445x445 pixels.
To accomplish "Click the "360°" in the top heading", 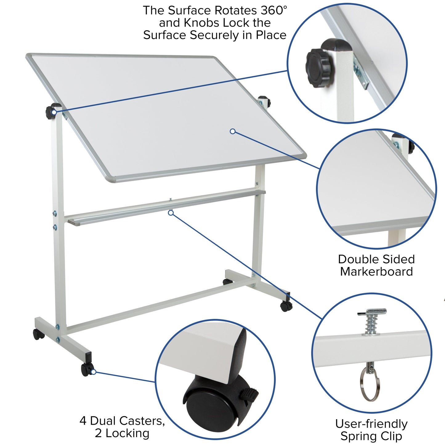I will click(274, 10).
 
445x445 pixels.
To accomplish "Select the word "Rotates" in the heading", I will click(236, 10).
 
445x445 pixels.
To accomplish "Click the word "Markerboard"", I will click(376, 272).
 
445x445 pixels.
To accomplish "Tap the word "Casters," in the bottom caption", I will click(142, 421).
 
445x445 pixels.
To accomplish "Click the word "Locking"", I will click(127, 433).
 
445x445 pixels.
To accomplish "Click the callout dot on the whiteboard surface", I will click(233, 131).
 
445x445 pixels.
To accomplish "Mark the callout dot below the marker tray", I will click(171, 213).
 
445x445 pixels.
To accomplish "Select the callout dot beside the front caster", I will click(94, 372).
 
